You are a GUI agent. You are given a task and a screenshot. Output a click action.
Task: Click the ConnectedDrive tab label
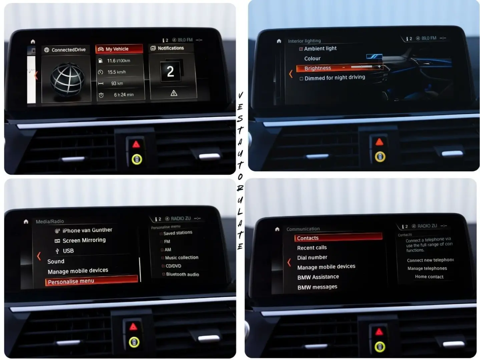pos(68,50)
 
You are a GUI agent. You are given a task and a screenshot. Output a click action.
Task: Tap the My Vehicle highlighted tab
pos(117,49)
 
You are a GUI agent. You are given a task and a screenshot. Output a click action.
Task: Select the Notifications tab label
pos(170,48)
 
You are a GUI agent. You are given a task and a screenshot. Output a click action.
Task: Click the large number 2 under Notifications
pos(170,71)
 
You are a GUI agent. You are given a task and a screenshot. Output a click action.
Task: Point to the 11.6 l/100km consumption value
pos(118,61)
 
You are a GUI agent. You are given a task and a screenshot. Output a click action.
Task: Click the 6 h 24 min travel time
pos(123,95)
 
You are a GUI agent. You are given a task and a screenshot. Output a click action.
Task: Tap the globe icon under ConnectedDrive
pos(67,79)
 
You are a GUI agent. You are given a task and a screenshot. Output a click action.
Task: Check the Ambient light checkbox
pos(301,49)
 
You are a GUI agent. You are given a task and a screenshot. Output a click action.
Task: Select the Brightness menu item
pos(318,68)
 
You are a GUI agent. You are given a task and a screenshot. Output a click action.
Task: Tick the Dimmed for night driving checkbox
pos(302,79)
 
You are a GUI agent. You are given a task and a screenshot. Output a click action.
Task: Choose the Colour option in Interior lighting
pos(312,58)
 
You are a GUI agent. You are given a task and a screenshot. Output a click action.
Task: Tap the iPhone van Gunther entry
pos(87,230)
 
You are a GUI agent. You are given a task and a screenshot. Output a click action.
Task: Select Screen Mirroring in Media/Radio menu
pos(84,240)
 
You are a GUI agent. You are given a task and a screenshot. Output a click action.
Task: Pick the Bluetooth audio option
pos(182,274)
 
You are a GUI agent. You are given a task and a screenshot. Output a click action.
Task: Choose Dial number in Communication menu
pos(312,257)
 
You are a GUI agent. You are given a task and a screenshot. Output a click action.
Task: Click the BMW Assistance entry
pos(318,277)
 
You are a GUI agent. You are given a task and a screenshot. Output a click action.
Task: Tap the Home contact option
pos(429,277)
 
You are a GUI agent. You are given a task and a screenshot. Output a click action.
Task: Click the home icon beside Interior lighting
pos(279,41)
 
